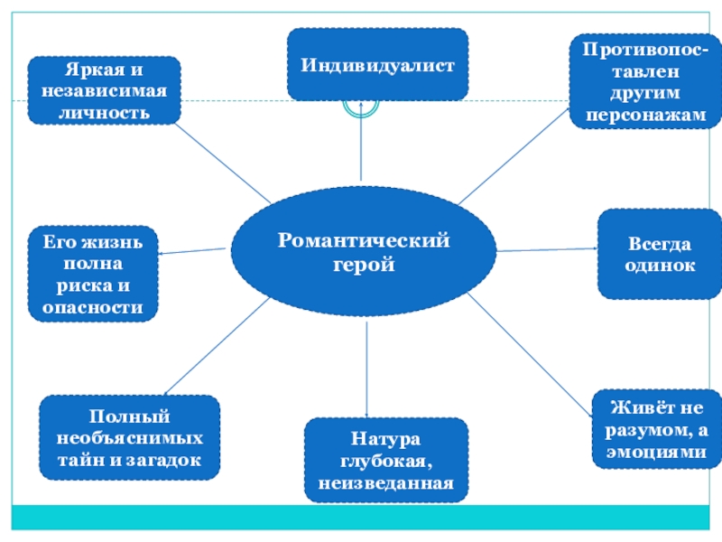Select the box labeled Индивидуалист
click(377, 64)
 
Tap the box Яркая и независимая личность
click(104, 91)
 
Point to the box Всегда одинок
click(659, 254)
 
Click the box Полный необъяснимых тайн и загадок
click(130, 438)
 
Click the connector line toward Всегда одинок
click(546, 249)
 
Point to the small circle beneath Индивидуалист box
click(360, 106)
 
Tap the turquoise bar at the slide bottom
click(361, 517)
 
